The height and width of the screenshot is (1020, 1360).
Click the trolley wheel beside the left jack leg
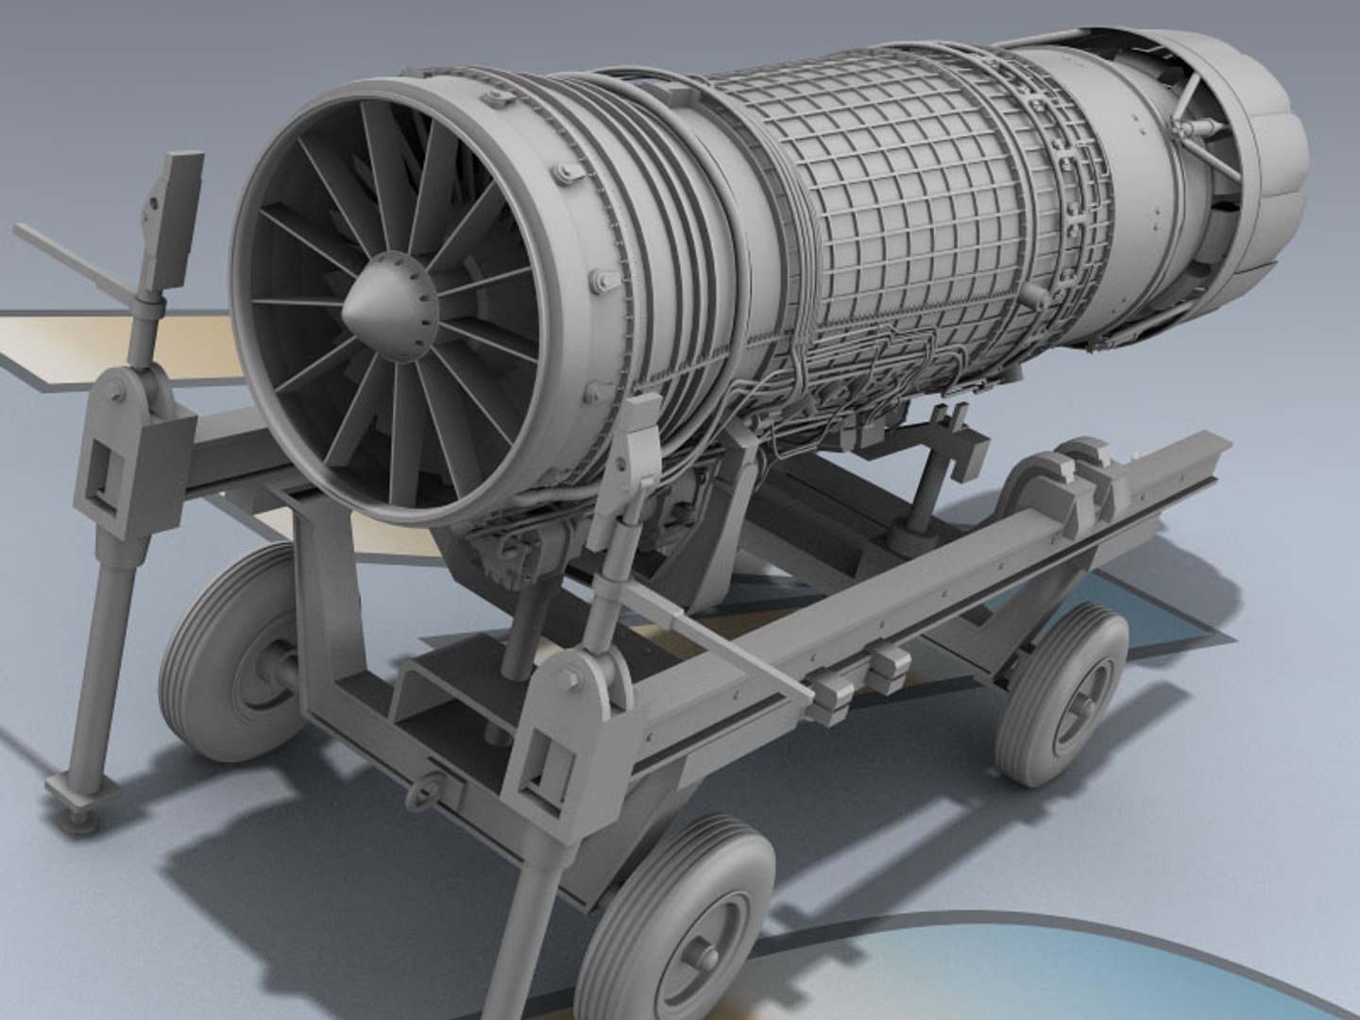click(231, 652)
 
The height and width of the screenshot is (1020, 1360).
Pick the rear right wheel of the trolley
click(1062, 694)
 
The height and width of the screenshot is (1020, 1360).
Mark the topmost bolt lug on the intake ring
click(567, 173)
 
